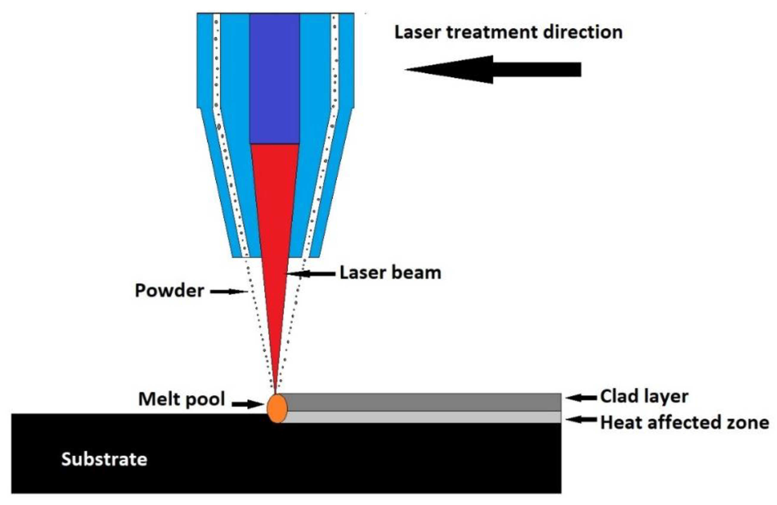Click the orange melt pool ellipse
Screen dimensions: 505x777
[x=277, y=408]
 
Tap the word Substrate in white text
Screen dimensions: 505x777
[x=104, y=459]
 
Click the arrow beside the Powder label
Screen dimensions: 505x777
[x=229, y=291]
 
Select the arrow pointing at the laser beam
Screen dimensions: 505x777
[x=312, y=274]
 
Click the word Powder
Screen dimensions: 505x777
[x=169, y=290]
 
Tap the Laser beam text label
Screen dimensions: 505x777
[x=390, y=273]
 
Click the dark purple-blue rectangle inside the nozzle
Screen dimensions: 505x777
[x=274, y=78]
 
